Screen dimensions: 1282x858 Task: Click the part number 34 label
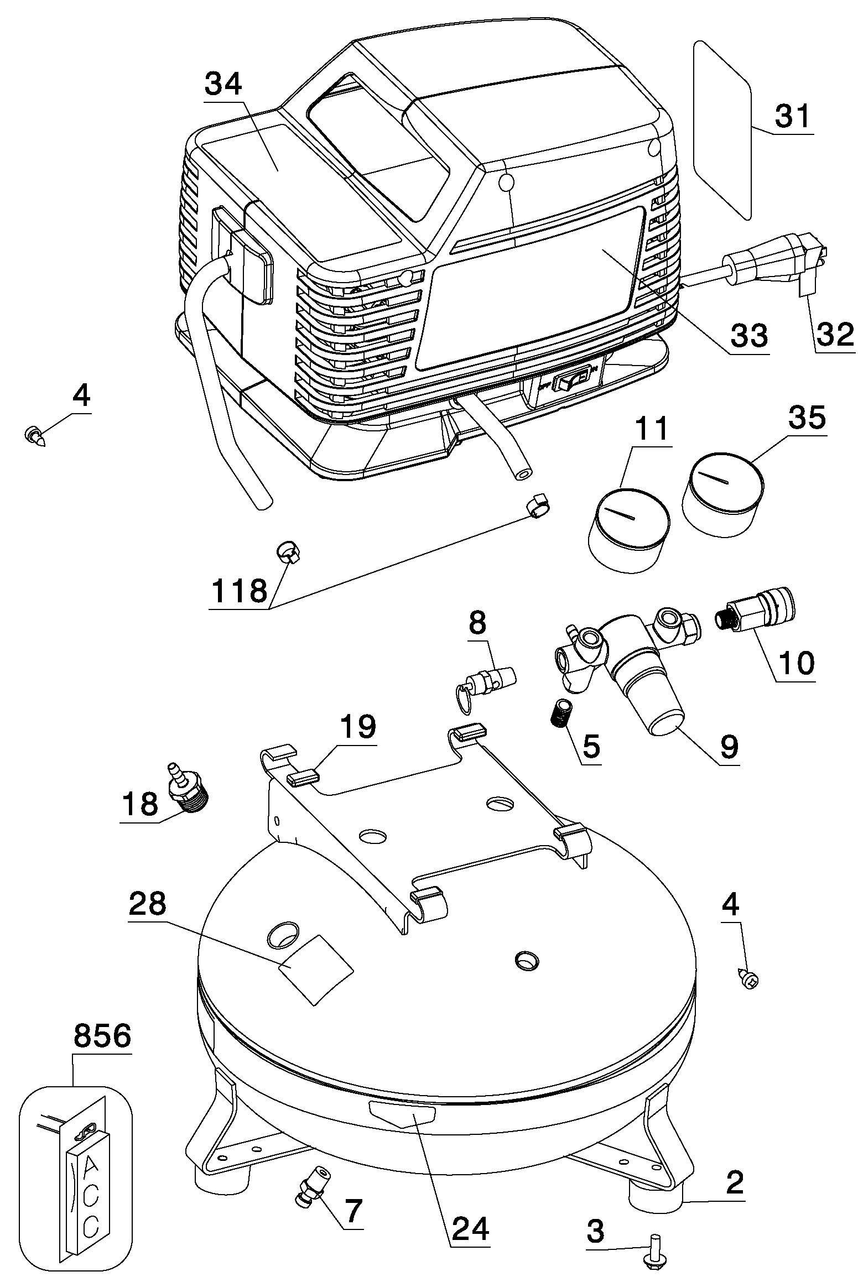point(223,85)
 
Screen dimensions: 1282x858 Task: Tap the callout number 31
point(792,116)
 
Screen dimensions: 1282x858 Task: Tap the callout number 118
point(240,590)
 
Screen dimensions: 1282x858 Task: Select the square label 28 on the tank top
point(316,968)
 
